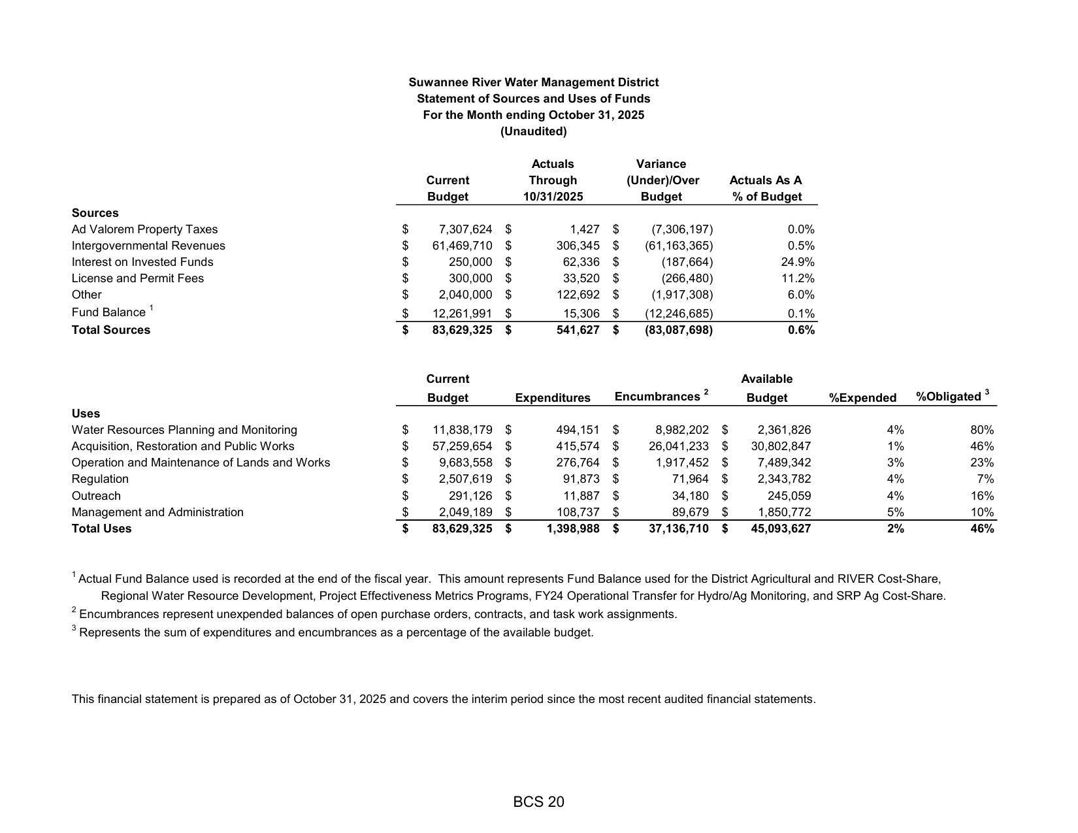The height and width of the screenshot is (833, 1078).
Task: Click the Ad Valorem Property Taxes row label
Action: click(x=144, y=229)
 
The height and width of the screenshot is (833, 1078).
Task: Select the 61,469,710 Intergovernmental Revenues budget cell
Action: click(x=462, y=246)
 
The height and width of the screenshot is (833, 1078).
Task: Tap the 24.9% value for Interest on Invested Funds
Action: click(x=800, y=262)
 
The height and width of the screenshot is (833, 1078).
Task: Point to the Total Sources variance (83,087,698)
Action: click(x=678, y=330)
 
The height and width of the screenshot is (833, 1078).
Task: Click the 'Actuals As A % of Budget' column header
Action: click(x=766, y=188)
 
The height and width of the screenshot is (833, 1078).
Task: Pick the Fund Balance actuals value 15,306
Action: click(x=581, y=314)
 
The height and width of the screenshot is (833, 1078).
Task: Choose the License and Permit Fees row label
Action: click(x=137, y=278)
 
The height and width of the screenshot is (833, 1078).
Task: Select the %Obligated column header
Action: click(x=949, y=397)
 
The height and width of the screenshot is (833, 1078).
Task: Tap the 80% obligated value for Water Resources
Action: click(x=982, y=430)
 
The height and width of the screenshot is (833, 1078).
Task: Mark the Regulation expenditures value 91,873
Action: click(x=581, y=479)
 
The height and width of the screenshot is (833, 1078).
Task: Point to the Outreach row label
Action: click(x=96, y=496)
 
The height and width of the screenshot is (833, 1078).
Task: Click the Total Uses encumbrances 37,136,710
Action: click(x=678, y=529)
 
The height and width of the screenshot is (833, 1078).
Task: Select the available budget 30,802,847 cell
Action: click(x=781, y=446)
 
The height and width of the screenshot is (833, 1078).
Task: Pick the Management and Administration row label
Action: click(x=157, y=512)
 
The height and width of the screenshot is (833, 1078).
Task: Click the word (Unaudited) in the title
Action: click(x=533, y=131)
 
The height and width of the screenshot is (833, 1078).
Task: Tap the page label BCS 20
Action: click(x=538, y=802)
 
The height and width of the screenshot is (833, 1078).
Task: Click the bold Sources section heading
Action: click(x=95, y=213)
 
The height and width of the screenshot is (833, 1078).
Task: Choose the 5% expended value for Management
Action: click(x=895, y=512)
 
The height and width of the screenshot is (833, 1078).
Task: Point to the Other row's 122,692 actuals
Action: click(x=575, y=295)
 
